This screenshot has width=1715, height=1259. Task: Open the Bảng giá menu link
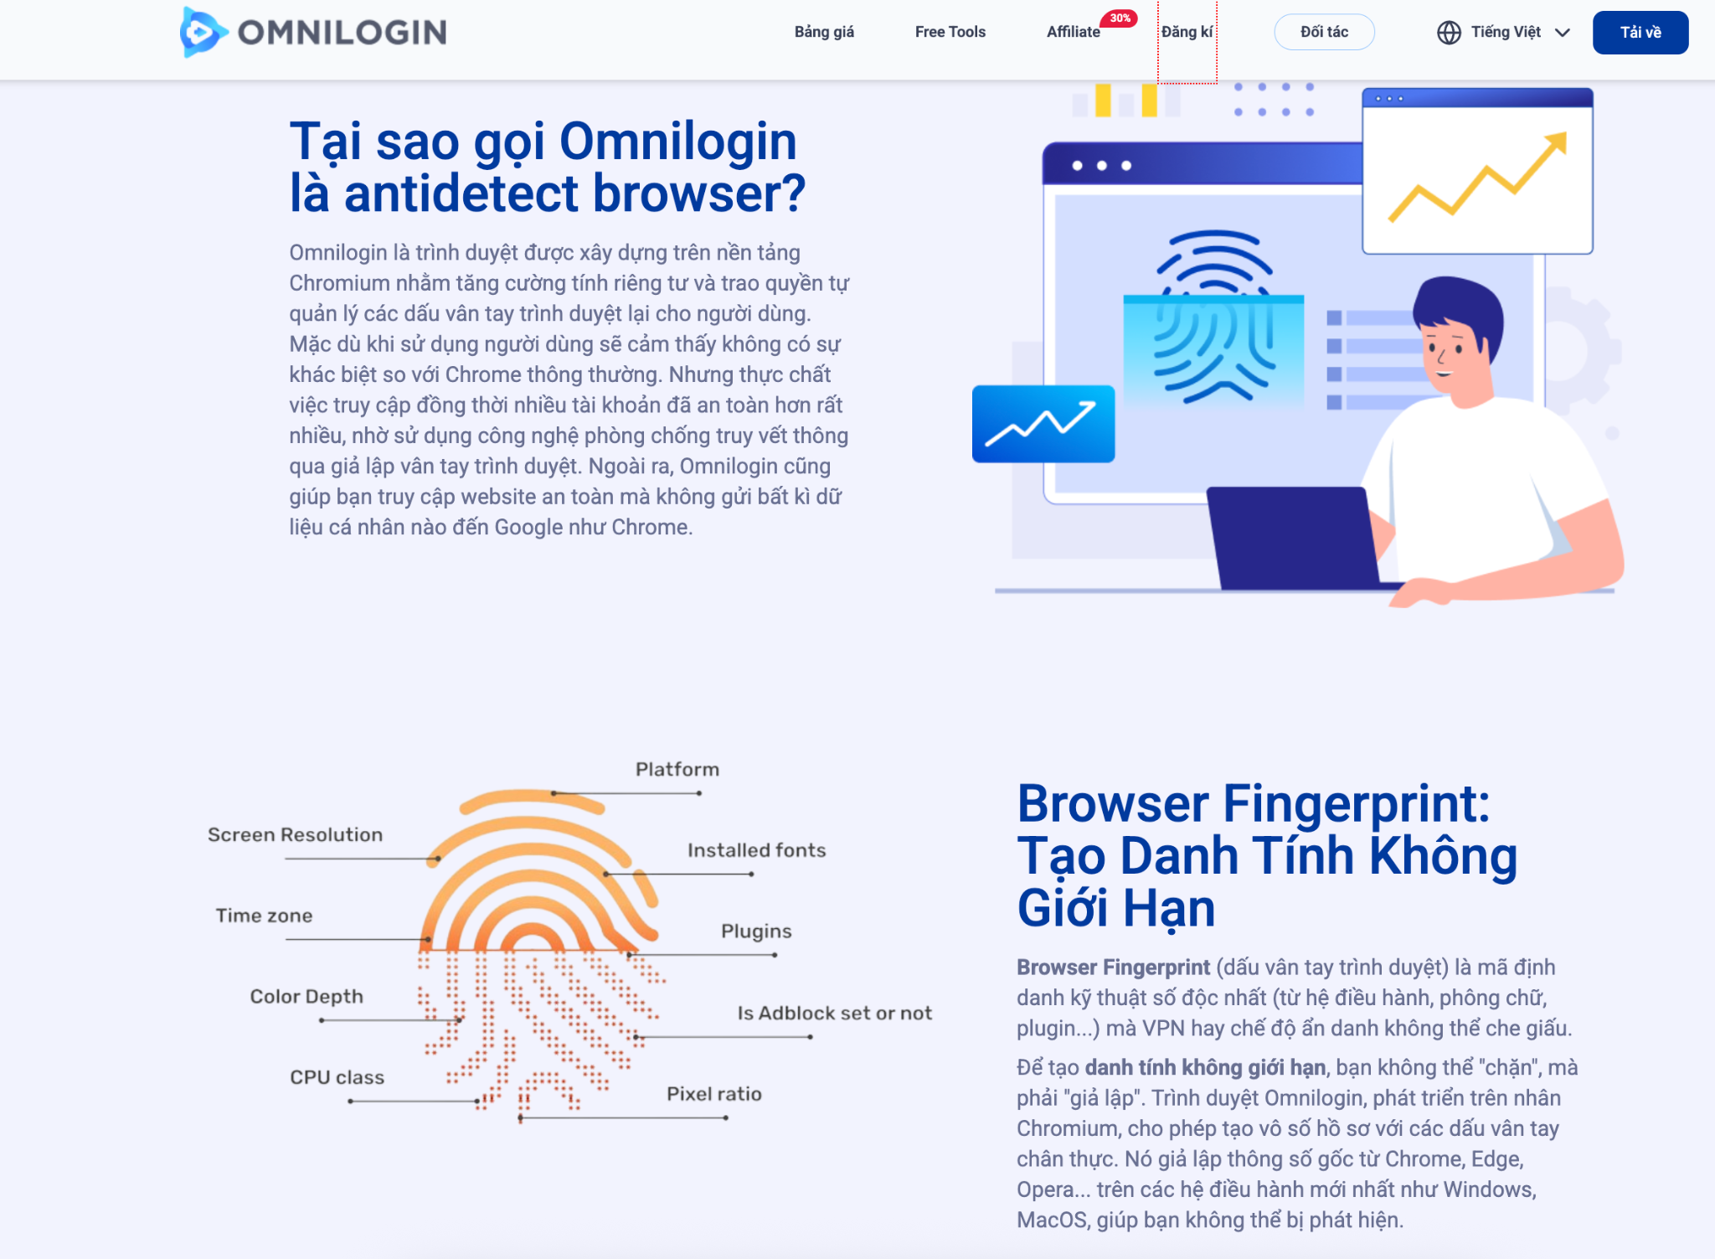tap(824, 32)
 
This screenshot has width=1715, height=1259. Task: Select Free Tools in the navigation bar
tap(950, 32)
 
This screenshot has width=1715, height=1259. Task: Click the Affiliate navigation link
tap(1073, 32)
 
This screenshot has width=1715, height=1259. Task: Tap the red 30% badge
tap(1120, 18)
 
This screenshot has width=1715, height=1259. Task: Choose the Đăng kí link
tap(1187, 32)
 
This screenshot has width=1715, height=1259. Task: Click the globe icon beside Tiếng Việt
tap(1449, 32)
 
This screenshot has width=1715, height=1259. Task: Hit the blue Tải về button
tap(1640, 32)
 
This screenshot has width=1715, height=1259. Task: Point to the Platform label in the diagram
tap(677, 769)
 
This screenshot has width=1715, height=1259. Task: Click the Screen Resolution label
tap(295, 834)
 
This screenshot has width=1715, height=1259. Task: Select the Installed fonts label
tap(756, 850)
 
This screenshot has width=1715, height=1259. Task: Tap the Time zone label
tap(264, 916)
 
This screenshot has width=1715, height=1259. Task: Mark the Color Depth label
tap(306, 996)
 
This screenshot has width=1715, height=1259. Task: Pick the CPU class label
tap(337, 1077)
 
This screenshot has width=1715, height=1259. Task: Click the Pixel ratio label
tap(713, 1094)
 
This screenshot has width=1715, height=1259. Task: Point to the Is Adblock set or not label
tap(834, 1013)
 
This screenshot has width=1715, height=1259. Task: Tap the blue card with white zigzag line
tap(1043, 423)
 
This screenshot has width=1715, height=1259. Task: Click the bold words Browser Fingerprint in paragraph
tap(1113, 967)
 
